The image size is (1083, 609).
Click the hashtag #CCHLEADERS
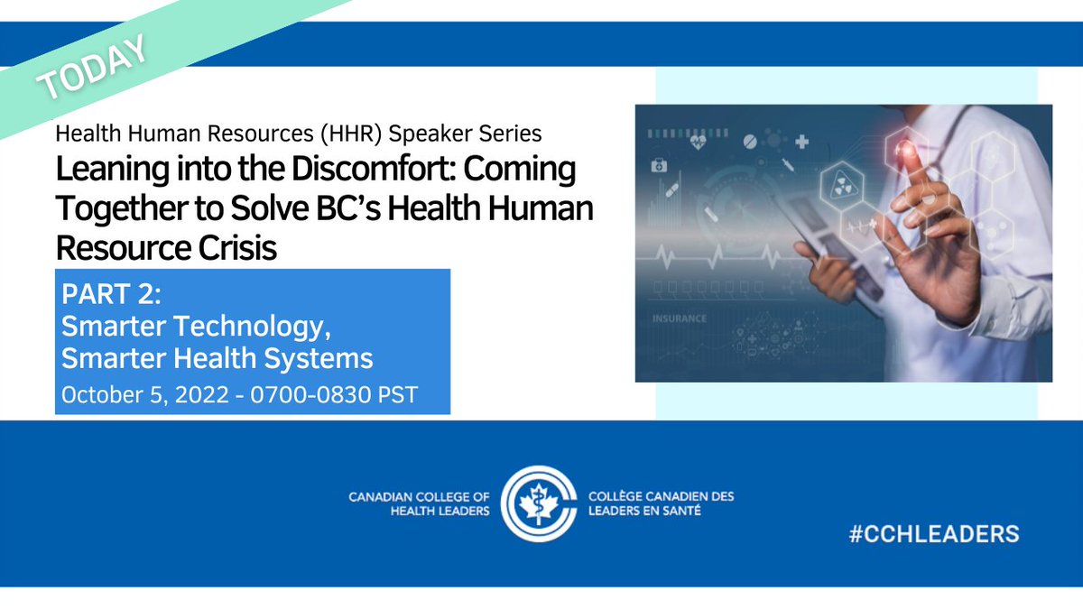point(934,533)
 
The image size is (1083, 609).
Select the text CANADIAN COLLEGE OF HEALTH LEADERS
point(420,503)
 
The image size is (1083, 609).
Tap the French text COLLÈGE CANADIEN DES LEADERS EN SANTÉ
point(660,503)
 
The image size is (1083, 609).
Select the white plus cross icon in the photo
point(801,142)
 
